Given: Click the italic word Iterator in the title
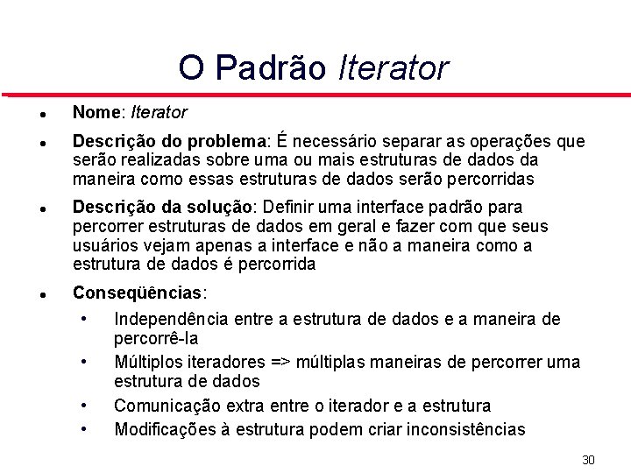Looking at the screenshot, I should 393,67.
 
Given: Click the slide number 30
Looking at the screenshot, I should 588,460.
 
